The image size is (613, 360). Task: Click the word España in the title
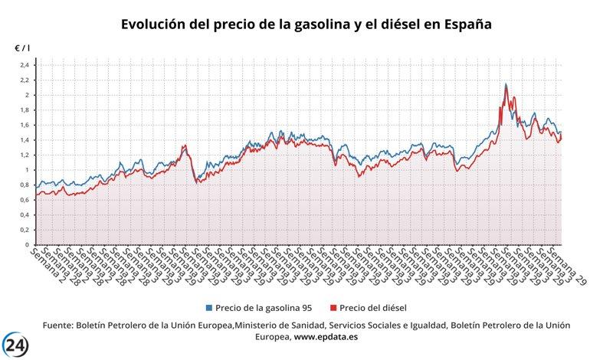464,25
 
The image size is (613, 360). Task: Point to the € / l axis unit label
22,48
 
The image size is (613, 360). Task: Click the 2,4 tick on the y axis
24,65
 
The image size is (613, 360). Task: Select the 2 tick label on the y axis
27,95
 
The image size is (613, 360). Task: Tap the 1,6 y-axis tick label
24,125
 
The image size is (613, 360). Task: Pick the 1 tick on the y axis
27,170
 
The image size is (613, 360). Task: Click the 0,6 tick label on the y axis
24,200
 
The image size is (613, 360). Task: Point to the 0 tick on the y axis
27,245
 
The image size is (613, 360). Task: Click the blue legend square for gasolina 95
209,308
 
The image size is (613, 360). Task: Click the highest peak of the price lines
506,84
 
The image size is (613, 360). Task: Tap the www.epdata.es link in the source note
328,336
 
